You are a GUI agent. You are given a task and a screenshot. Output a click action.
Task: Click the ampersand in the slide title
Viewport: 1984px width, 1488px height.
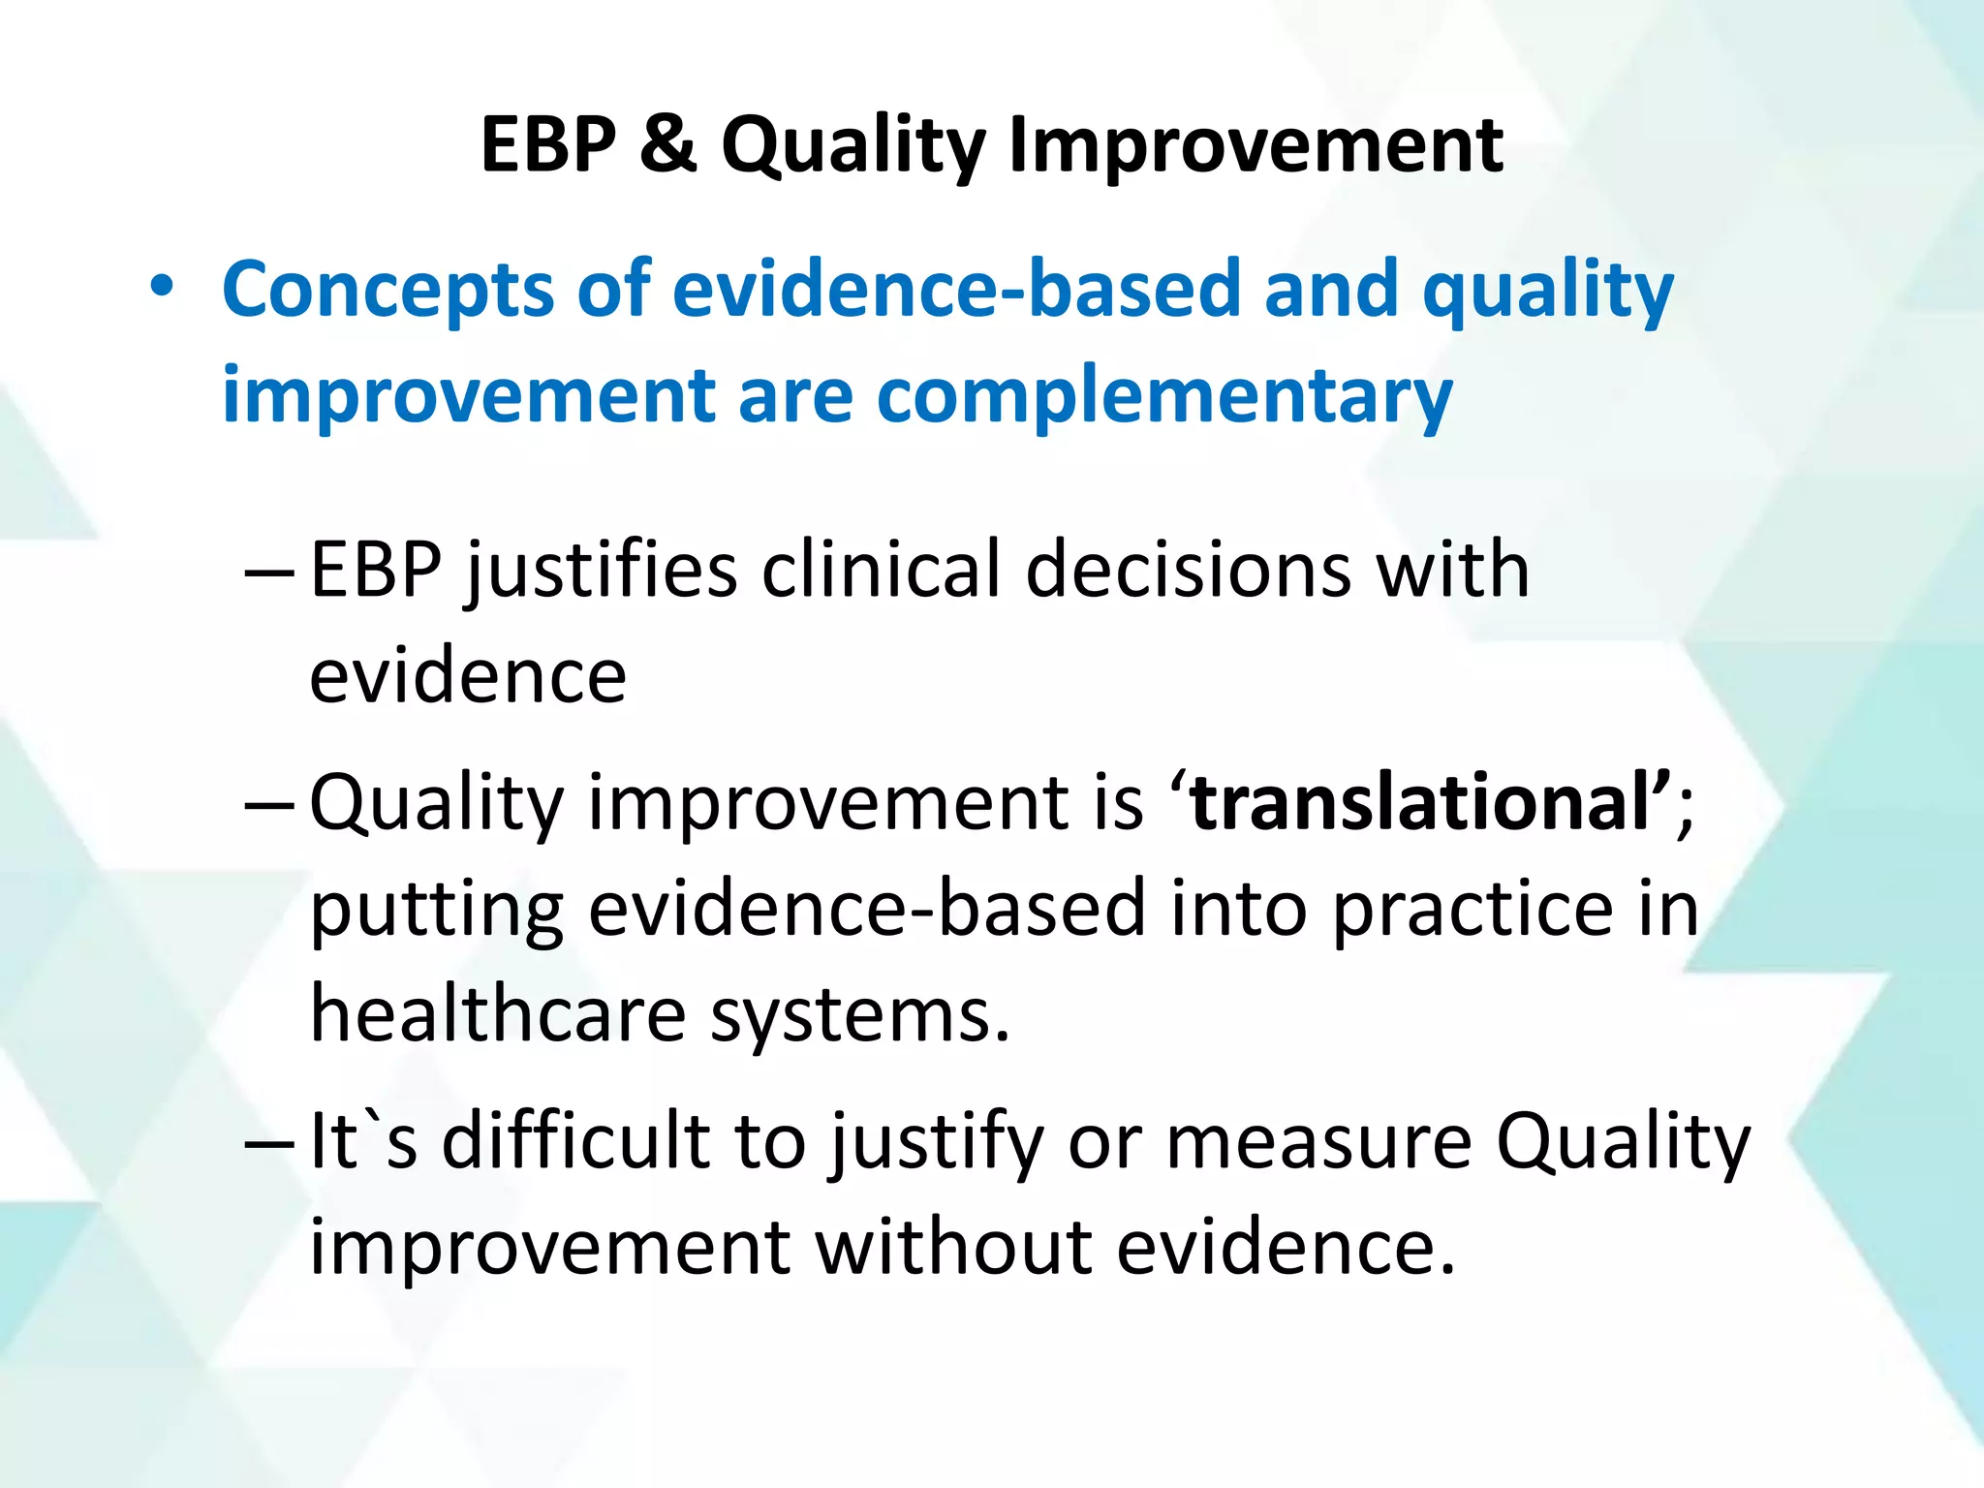[667, 145]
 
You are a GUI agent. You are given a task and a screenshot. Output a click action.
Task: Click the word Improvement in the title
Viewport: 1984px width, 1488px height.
[1255, 145]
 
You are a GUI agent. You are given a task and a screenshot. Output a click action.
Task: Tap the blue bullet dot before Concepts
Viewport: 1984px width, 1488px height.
[162, 287]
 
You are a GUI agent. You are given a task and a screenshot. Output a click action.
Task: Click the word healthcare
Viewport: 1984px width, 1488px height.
[498, 1015]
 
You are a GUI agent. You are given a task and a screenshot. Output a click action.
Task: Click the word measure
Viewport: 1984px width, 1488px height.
[1318, 1141]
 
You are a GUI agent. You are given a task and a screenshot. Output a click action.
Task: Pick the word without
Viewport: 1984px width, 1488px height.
[953, 1248]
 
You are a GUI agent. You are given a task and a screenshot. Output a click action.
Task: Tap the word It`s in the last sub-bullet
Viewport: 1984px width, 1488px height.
[363, 1141]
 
